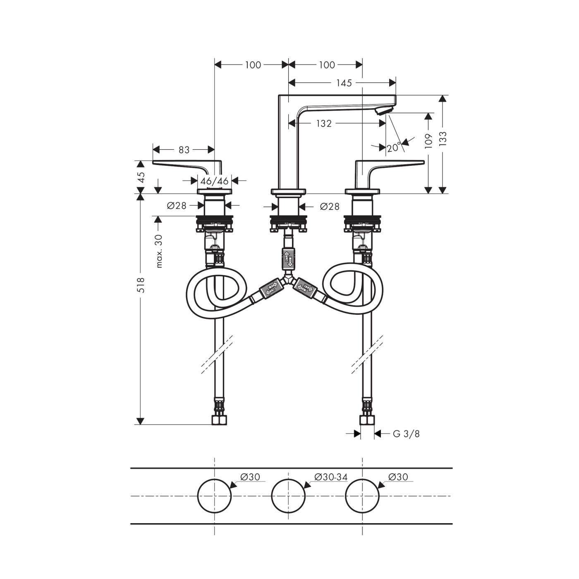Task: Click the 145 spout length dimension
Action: [x=344, y=83]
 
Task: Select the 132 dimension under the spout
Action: [x=324, y=123]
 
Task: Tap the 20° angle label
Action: [x=394, y=147]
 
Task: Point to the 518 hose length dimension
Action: [x=141, y=285]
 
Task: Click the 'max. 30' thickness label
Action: [x=159, y=251]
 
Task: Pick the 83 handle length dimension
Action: [x=184, y=150]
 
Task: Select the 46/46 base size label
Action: [x=214, y=181]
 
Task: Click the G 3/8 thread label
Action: [x=406, y=434]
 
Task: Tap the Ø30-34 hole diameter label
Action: [x=331, y=477]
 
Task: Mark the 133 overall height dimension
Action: [x=443, y=139]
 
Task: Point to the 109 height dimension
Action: [x=428, y=141]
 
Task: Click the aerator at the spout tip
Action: [x=384, y=110]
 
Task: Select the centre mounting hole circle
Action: [x=288, y=496]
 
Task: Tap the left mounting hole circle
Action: [x=214, y=496]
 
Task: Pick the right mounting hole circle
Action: [x=362, y=496]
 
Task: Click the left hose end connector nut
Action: [x=219, y=420]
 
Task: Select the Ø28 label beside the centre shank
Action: [x=330, y=206]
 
